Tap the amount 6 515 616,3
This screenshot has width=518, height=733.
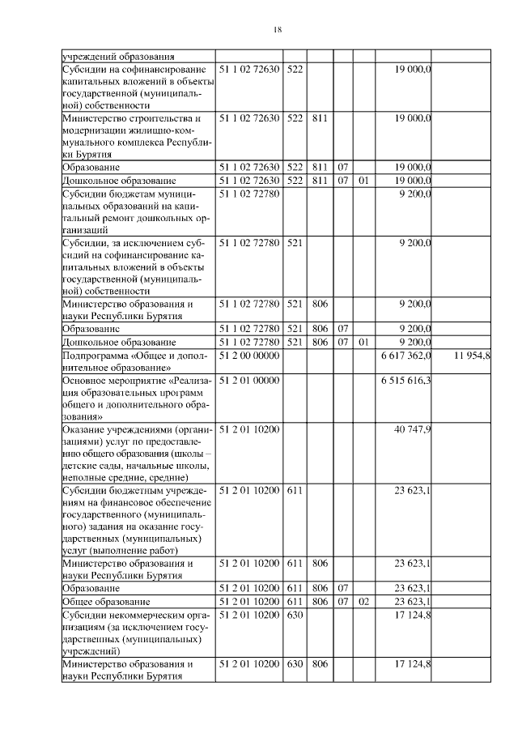(405, 380)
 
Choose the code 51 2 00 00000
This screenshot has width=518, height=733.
(249, 356)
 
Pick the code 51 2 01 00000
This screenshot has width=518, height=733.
(249, 380)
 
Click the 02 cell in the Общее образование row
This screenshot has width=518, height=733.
(363, 602)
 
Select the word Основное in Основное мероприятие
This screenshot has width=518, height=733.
(83, 380)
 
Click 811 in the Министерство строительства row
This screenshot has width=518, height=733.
(319, 117)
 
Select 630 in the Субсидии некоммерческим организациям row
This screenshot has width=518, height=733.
(295, 615)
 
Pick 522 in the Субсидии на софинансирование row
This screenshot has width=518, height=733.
(295, 70)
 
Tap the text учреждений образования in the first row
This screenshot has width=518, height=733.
(118, 57)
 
